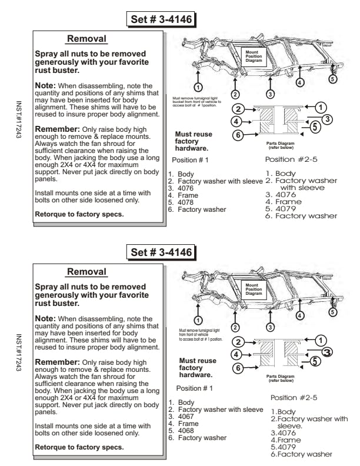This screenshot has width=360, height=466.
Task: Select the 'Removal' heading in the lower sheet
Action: point(86,272)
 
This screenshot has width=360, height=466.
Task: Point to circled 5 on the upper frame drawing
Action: point(332,79)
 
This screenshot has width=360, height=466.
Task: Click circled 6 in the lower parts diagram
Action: point(238,368)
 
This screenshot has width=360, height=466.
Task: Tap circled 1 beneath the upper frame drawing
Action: point(199,87)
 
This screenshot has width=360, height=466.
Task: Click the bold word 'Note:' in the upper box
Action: point(45,86)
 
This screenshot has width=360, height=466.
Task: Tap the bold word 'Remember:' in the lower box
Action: point(58,362)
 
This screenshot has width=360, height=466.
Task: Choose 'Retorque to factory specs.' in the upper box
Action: point(79,214)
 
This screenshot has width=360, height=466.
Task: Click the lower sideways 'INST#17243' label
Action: point(19,353)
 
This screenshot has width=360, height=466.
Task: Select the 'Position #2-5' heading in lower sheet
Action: point(294,398)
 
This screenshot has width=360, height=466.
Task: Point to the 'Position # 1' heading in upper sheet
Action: point(190,160)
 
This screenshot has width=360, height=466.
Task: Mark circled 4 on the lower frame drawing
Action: point(301,315)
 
